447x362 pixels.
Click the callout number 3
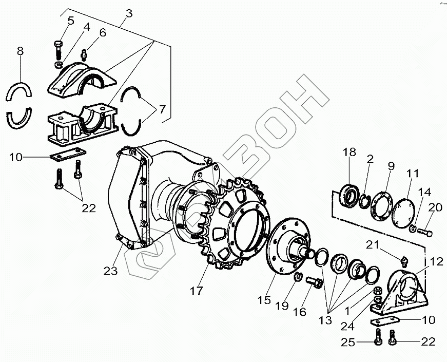(x=128, y=13)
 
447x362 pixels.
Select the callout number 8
(x=20, y=51)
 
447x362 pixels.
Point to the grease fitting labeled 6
(x=85, y=52)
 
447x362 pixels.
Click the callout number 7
(x=162, y=109)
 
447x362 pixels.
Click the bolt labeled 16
(x=313, y=282)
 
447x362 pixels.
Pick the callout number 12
(x=436, y=262)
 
